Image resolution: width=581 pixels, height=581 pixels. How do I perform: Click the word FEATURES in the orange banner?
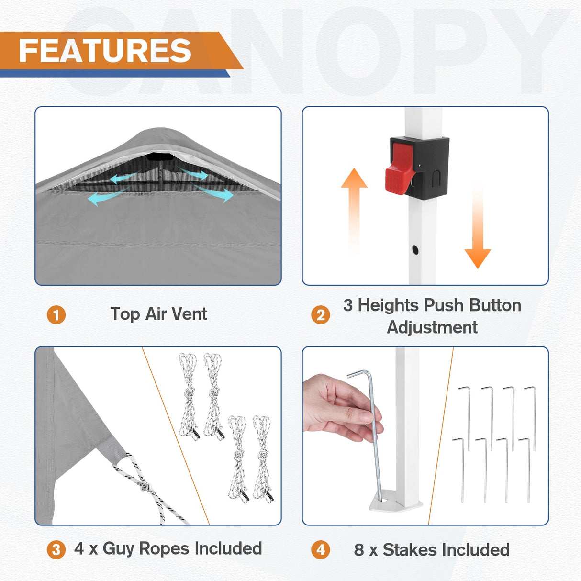point(105,51)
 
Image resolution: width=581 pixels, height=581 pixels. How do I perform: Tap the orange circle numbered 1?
point(56,315)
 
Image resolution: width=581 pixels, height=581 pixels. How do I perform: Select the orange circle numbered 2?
point(321,315)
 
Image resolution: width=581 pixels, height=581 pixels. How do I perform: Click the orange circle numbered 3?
point(56,549)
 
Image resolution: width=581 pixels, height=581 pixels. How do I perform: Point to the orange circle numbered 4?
point(321,549)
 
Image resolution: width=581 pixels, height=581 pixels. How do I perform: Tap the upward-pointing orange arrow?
point(354,201)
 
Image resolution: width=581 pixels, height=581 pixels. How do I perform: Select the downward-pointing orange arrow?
point(478,230)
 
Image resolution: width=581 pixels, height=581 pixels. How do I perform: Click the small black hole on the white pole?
point(415,249)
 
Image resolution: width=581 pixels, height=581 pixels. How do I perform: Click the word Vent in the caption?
point(189,314)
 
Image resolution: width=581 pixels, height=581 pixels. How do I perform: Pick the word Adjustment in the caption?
point(432,327)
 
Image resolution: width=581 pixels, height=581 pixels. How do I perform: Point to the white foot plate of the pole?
point(396,503)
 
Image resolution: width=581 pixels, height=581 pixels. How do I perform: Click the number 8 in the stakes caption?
point(359,550)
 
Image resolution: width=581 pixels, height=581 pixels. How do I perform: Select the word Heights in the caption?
point(389,305)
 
